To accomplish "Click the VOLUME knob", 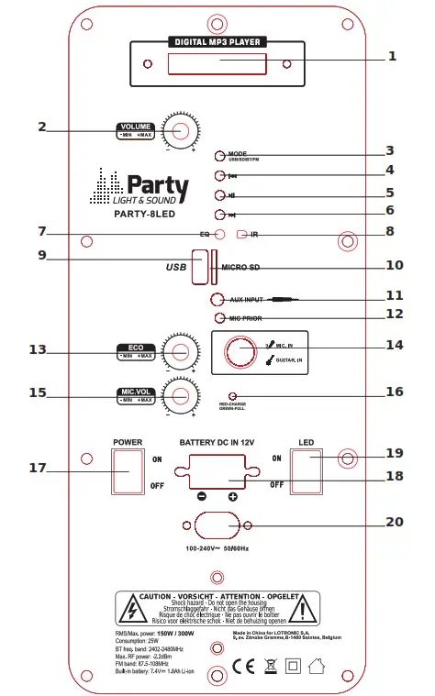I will point(181,130).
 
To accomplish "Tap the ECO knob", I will point(181,352).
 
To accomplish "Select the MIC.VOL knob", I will point(181,395).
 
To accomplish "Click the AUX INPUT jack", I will point(217,299).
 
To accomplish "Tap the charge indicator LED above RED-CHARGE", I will point(234,392).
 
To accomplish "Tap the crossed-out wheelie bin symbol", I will point(269,667).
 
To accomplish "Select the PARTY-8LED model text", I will point(144,214).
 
